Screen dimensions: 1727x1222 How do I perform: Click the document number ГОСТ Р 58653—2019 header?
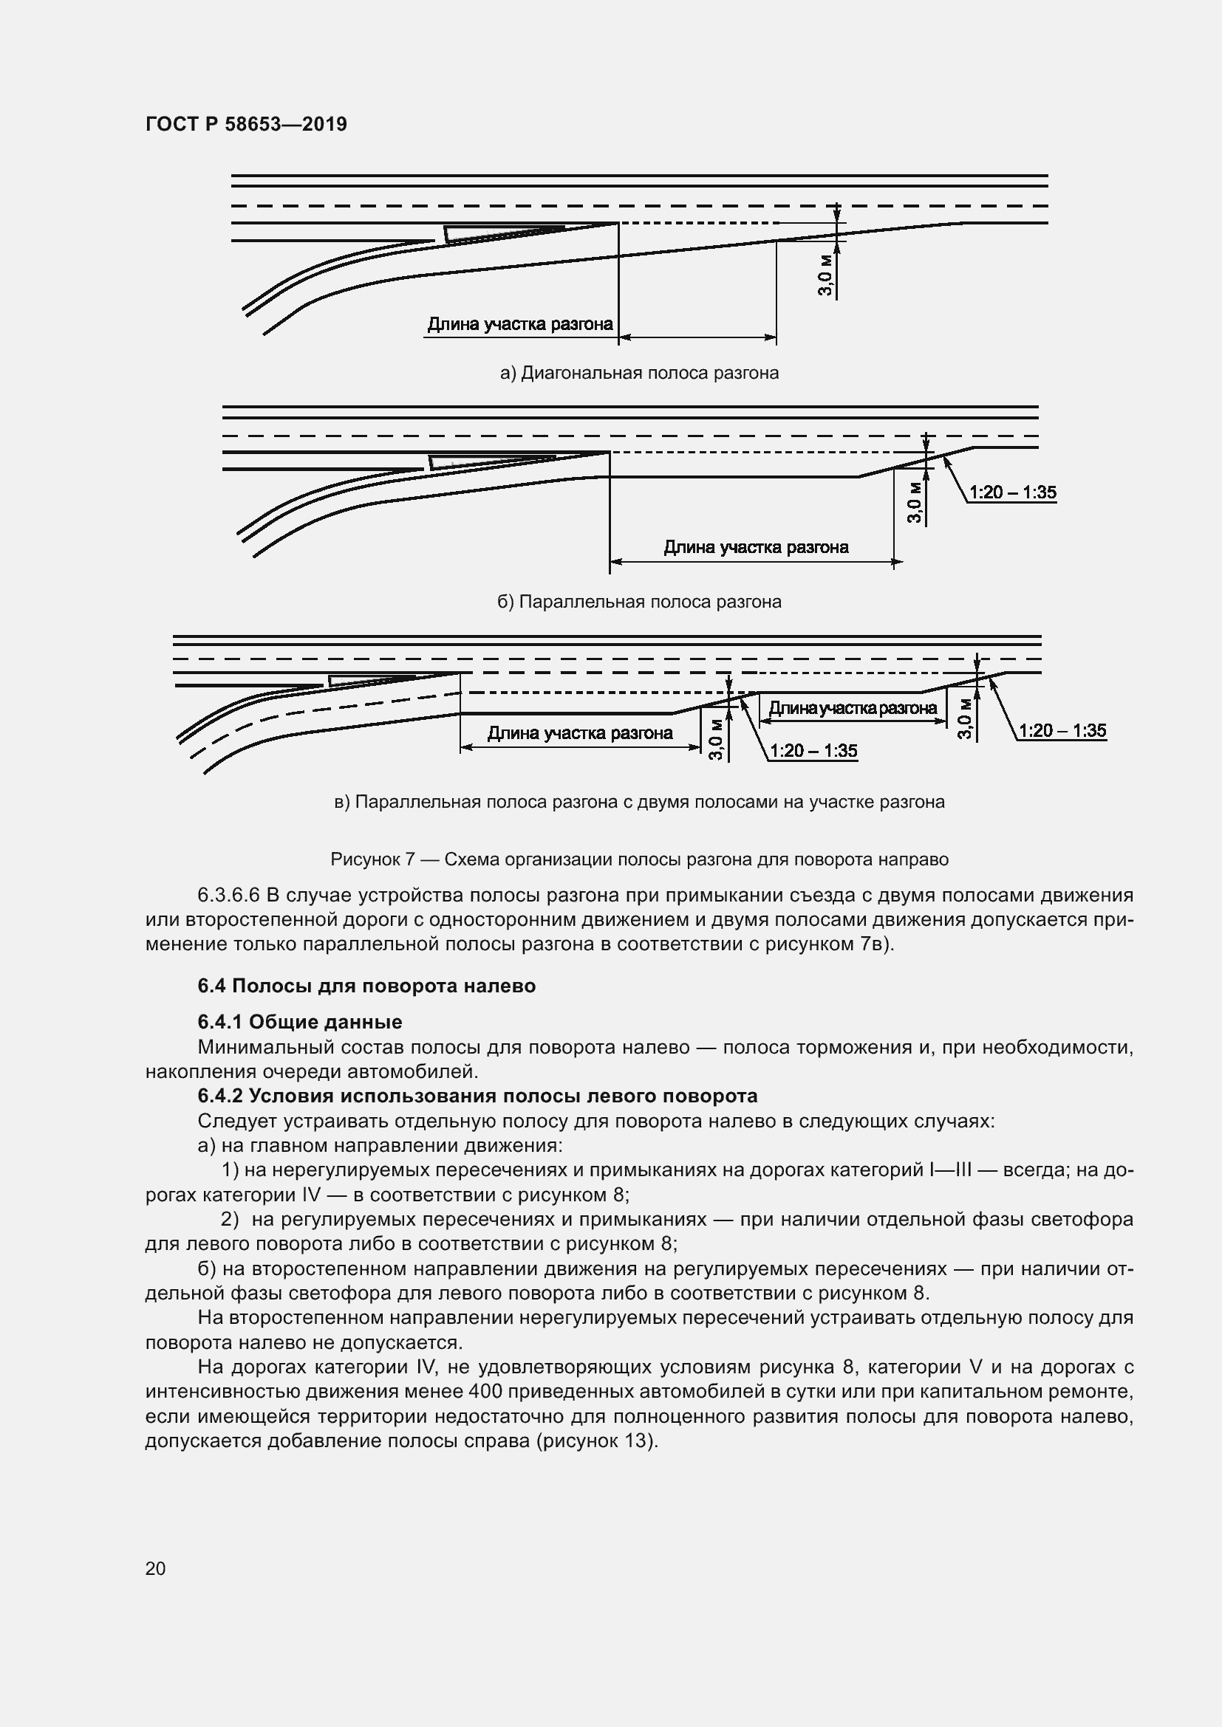tap(246, 124)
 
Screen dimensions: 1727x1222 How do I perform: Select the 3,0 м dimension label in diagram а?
tap(825, 275)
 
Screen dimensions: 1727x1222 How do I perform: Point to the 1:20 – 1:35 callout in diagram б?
tap(1012, 492)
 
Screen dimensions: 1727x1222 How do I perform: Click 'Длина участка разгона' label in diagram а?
tap(520, 324)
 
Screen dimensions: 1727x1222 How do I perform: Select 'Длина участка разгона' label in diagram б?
tap(756, 547)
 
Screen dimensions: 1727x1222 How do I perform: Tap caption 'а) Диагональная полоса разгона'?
tap(639, 373)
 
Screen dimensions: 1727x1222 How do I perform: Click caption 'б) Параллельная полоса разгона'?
tap(639, 602)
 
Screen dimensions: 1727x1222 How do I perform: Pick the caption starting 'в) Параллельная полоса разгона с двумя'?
tap(639, 802)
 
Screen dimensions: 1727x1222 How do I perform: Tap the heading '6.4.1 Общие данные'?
tap(299, 1021)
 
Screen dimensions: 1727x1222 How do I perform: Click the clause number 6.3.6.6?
tap(229, 895)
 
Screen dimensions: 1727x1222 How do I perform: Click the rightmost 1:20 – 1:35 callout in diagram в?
tap(1062, 730)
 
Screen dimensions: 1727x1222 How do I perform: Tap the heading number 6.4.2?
tap(220, 1095)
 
